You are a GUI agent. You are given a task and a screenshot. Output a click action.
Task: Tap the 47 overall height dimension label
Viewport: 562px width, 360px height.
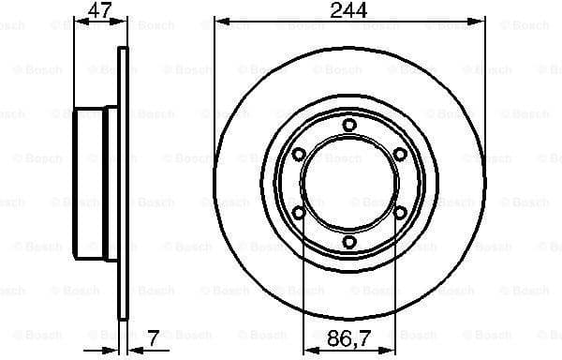(x=98, y=10)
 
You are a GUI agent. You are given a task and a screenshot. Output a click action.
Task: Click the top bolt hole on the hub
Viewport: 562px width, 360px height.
(x=349, y=125)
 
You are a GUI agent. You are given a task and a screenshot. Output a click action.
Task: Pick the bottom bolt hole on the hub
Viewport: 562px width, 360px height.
(x=349, y=243)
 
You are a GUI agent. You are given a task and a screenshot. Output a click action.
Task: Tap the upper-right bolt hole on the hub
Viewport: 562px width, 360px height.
(x=400, y=155)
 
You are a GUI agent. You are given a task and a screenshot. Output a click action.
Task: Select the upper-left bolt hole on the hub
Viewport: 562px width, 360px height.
(x=299, y=155)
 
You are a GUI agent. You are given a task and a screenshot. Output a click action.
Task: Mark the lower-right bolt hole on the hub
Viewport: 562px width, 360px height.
(x=400, y=213)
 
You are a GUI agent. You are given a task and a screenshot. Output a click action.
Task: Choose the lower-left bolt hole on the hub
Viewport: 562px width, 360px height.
(x=299, y=213)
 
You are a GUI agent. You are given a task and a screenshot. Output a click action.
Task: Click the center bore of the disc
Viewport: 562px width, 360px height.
(x=349, y=184)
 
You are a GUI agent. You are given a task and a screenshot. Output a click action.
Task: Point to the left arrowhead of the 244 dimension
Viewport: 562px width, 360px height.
(x=219, y=21)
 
